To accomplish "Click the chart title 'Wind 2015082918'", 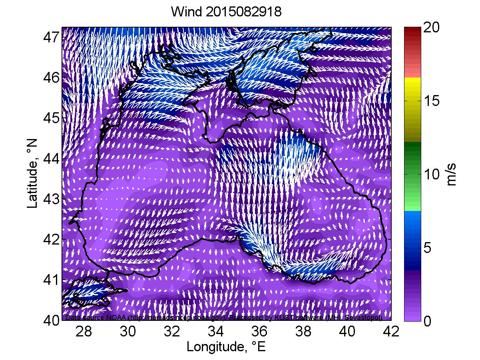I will tap(226, 12).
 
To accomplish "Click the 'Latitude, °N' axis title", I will tap(33, 173).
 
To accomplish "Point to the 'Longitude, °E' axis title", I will tap(226, 346).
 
